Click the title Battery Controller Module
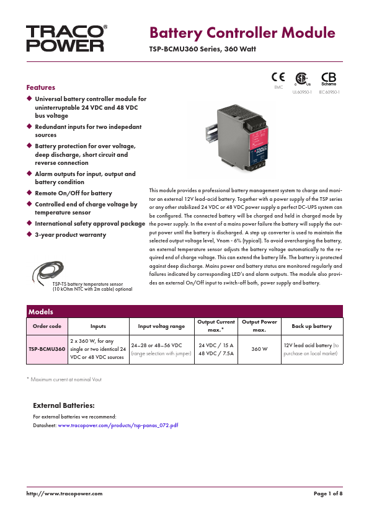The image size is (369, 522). point(242,33)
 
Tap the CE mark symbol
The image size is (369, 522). point(278,77)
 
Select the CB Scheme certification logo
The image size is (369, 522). point(329,79)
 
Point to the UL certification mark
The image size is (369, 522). point(302,79)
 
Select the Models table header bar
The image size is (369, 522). point(184,311)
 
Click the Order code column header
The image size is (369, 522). point(47,326)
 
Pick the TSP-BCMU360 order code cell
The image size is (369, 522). point(47,349)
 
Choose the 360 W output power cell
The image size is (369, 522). point(259,349)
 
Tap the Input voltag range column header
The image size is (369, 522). point(161,326)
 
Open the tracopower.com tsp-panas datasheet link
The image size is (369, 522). point(118,426)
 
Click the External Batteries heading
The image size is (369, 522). point(63,405)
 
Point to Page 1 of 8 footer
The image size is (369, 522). point(328,493)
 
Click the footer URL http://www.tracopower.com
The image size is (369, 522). point(64,493)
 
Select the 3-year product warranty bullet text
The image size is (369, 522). point(70,235)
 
